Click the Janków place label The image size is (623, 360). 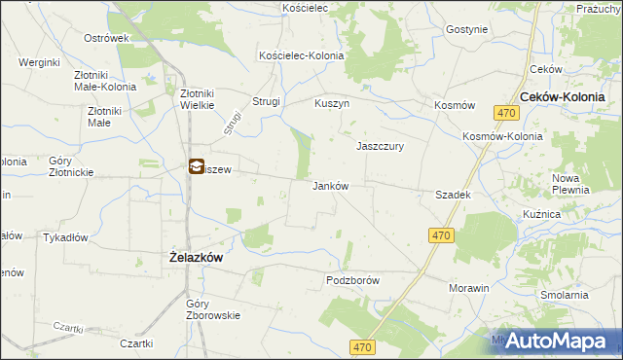(330, 186)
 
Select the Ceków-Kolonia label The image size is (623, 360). (563, 97)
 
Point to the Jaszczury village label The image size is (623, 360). (380, 146)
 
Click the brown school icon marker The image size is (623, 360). (196, 167)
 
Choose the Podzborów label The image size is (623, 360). (351, 280)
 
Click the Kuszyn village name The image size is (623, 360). (332, 102)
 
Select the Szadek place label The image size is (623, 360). (454, 195)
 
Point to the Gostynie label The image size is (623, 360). (466, 29)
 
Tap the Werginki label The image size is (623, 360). (40, 62)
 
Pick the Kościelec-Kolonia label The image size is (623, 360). (301, 55)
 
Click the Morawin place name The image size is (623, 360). (468, 289)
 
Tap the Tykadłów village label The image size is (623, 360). (66, 237)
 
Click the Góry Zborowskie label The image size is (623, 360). (212, 309)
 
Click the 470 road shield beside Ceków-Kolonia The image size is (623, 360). (504, 114)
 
